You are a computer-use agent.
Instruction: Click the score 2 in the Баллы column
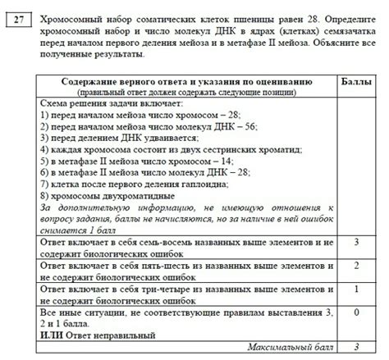click(356, 266)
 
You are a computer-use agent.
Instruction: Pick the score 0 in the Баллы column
click(356, 312)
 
